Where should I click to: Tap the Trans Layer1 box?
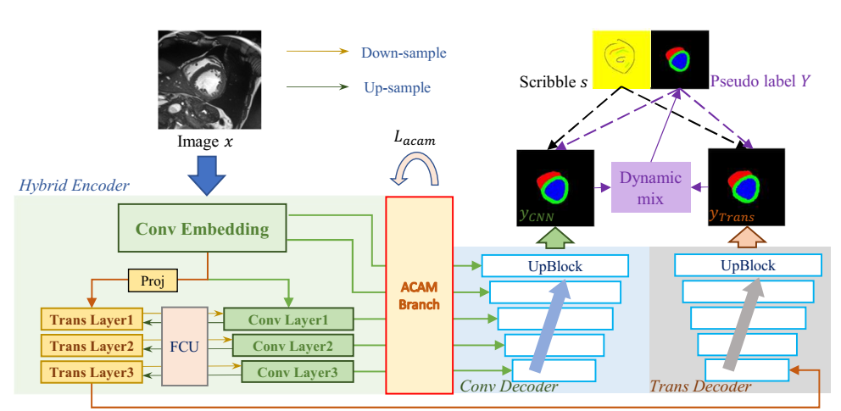pyautogui.click(x=92, y=321)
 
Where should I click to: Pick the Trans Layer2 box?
pyautogui.click(x=92, y=346)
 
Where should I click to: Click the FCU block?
pyautogui.click(x=184, y=346)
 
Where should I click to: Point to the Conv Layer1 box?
pyautogui.click(x=288, y=319)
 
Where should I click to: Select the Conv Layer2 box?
pyautogui.click(x=292, y=346)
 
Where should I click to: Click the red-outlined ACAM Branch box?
pyautogui.click(x=419, y=295)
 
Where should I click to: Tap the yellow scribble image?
pyautogui.click(x=621, y=59)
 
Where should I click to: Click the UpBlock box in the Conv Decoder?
pyautogui.click(x=554, y=265)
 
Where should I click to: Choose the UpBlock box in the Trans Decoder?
pyautogui.click(x=748, y=265)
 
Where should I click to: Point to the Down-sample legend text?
pyautogui.click(x=404, y=53)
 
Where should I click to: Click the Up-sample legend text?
pyautogui.click(x=396, y=87)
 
